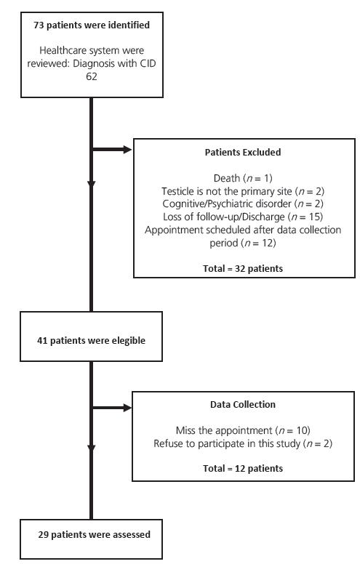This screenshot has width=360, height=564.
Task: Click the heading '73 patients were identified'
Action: point(91,25)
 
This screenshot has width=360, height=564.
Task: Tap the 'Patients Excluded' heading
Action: point(244,153)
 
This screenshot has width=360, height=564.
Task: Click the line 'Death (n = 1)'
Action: point(244,177)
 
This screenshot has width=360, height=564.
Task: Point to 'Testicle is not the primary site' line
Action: point(244,190)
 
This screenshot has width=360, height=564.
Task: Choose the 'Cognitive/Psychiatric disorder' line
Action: point(244,204)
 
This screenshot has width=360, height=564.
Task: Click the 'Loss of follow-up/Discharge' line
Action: point(244,217)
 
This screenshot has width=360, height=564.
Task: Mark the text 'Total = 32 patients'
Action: point(244,268)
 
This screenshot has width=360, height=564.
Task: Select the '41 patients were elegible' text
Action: point(91,339)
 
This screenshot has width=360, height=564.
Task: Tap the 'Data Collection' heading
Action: point(244,404)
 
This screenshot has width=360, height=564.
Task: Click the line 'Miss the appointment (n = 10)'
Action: point(244,430)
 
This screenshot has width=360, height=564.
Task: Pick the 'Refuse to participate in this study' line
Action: point(244,443)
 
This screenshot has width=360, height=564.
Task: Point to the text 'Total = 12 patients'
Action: point(244,468)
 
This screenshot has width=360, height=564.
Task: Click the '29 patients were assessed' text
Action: point(95,534)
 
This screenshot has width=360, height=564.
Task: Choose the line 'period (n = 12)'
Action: point(244,243)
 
